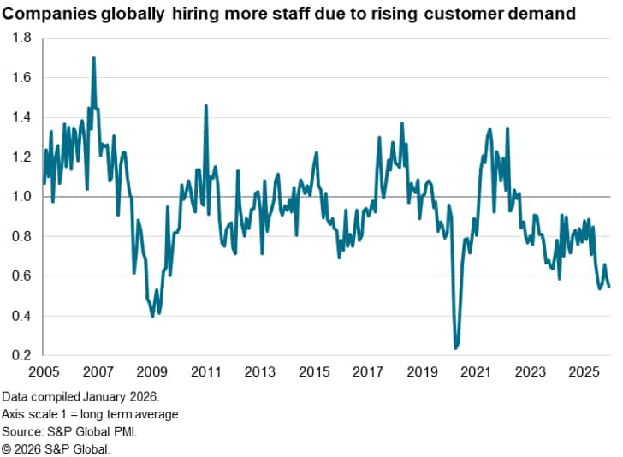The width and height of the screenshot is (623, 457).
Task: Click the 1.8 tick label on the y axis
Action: click(x=22, y=39)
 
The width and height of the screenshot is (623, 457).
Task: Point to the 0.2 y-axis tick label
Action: click(x=22, y=355)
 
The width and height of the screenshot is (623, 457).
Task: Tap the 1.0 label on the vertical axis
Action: click(x=22, y=197)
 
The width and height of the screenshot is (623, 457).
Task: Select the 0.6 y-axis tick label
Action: click(x=22, y=276)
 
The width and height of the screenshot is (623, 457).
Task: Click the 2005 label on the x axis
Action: click(x=44, y=372)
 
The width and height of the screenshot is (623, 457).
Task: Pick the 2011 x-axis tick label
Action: click(x=205, y=372)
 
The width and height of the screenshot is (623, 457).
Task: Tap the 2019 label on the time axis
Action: click(x=422, y=372)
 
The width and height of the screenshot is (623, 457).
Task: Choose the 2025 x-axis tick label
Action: click(x=584, y=372)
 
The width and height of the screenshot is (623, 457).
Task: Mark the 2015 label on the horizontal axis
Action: click(x=313, y=372)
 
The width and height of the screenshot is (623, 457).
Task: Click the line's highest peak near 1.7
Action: click(x=93, y=57)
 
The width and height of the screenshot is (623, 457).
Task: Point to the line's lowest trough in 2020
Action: click(x=455, y=348)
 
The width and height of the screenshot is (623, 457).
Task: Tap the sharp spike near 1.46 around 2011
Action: click(x=205, y=105)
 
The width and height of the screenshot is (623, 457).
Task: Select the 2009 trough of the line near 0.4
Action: click(x=152, y=317)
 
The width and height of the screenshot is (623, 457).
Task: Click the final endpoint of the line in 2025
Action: click(x=609, y=287)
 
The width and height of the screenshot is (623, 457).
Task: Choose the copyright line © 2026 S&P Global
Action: click(x=56, y=448)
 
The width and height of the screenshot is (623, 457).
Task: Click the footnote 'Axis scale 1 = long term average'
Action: click(x=91, y=415)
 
